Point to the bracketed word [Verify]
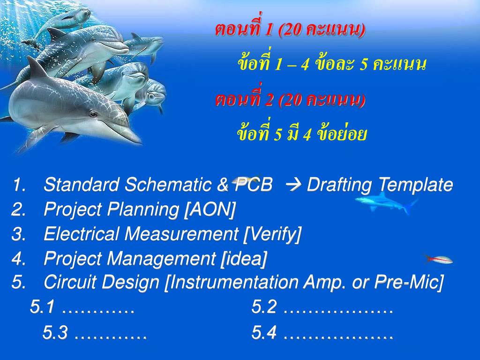(272, 234)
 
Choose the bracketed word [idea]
(243, 258)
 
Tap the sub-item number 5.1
(43, 307)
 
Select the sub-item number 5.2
(264, 307)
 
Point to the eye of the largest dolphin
(93, 113)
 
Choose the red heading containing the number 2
(290, 100)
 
